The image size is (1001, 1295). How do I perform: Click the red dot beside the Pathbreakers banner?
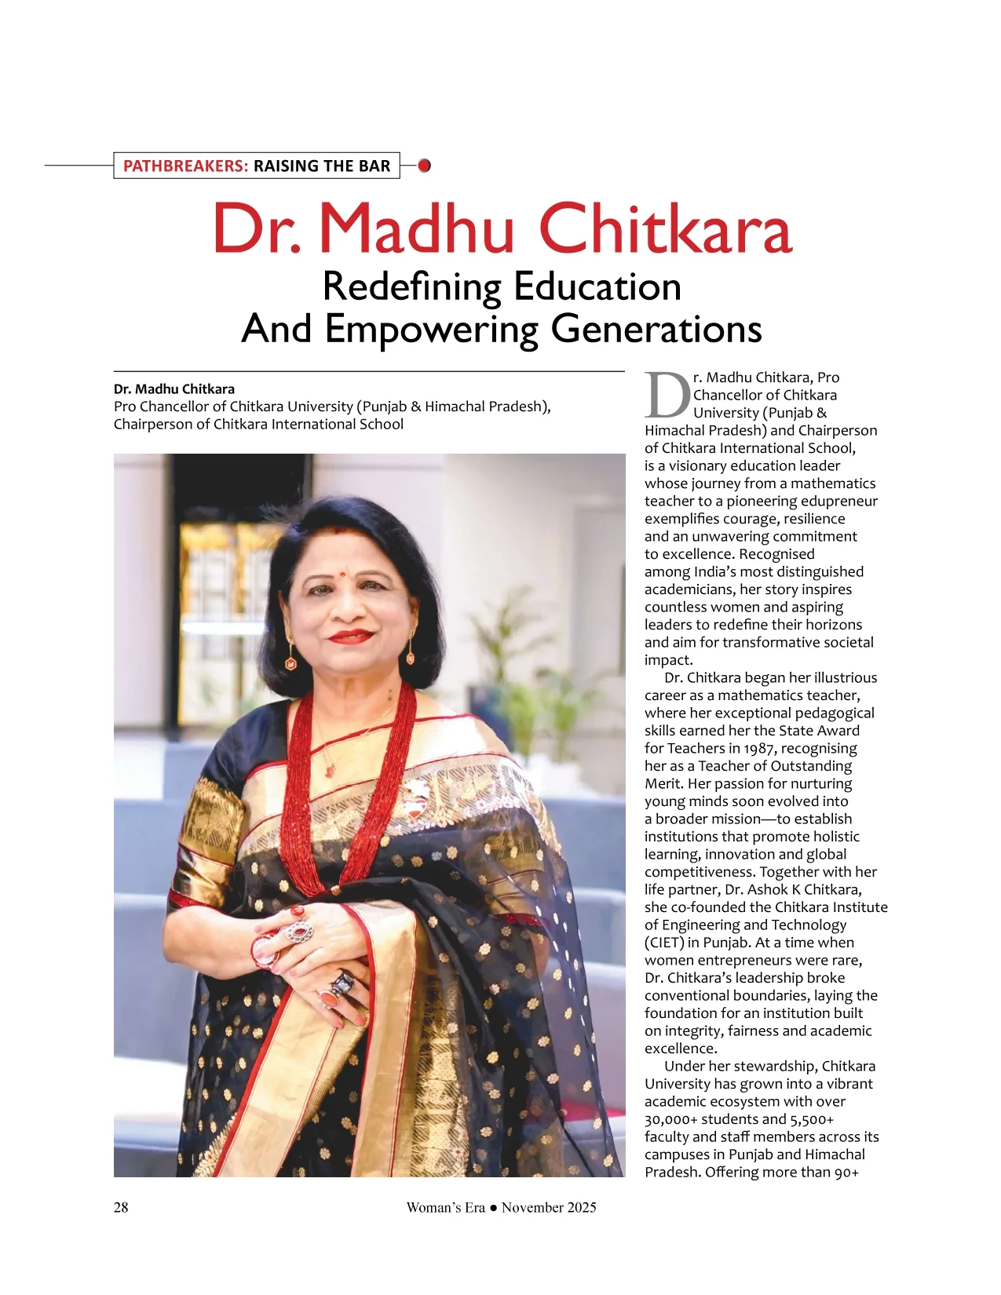point(425,166)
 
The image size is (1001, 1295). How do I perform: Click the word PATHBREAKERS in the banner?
point(185,166)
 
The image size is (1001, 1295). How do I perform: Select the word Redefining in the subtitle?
point(411,286)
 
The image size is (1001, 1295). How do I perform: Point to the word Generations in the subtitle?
point(656,329)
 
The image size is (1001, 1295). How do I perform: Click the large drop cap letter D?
point(667,396)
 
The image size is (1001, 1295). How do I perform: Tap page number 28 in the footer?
point(121,1207)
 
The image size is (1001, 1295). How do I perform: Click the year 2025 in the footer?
point(580,1207)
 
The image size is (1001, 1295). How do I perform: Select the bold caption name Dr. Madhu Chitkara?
point(174,389)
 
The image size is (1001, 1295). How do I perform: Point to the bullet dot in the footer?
point(493,1208)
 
